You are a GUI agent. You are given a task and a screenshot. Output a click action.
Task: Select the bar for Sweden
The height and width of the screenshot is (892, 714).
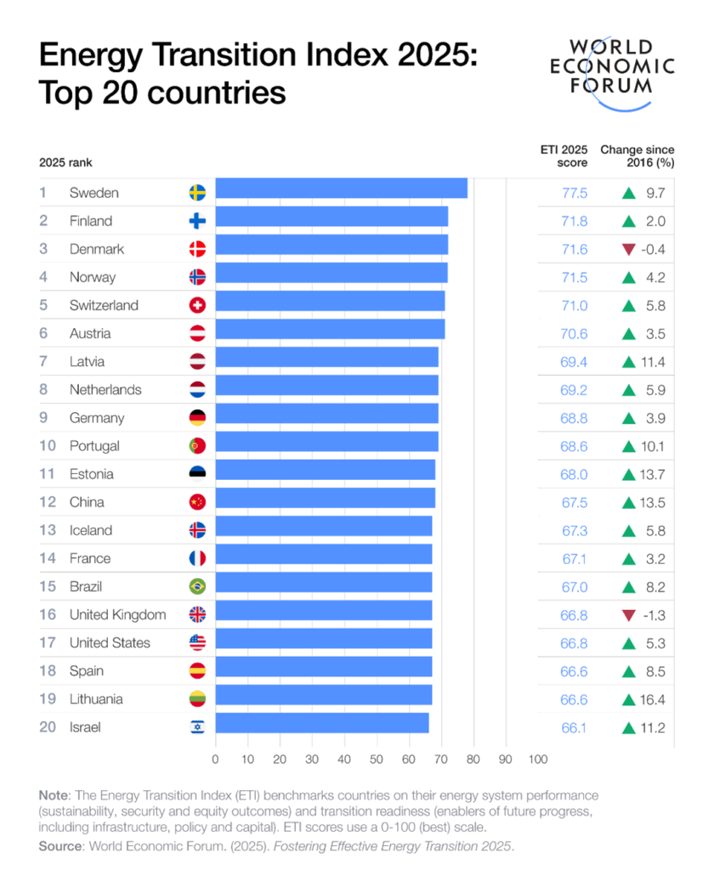(341, 189)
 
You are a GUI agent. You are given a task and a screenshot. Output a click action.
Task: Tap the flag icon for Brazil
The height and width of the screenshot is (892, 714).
(197, 587)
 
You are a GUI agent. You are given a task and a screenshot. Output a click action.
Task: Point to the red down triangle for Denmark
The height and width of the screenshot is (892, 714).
(629, 249)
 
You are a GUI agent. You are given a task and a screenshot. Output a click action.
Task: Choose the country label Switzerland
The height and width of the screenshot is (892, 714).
(104, 305)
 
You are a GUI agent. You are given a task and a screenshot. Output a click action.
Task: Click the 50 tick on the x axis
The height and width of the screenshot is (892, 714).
(377, 759)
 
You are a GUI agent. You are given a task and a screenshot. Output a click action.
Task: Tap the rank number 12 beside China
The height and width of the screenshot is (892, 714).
(48, 502)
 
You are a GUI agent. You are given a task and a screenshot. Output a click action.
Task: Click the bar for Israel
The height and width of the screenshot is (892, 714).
(322, 724)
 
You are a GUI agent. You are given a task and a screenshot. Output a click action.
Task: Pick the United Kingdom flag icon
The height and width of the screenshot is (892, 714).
(197, 615)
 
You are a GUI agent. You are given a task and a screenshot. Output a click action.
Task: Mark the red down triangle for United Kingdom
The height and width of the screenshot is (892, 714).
(629, 615)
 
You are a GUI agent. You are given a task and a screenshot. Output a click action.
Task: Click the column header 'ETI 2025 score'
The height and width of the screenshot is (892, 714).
(564, 155)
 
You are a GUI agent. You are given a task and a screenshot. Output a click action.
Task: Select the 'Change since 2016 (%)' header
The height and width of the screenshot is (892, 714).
(637, 155)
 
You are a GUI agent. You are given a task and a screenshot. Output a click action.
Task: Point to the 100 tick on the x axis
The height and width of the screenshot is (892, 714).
(537, 759)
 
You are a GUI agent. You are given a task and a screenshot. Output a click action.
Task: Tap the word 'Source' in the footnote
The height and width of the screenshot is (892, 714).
(59, 847)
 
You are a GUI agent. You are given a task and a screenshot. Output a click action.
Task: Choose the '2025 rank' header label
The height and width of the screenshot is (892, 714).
(65, 162)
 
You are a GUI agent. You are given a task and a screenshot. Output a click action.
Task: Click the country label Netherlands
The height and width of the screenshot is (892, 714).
(105, 390)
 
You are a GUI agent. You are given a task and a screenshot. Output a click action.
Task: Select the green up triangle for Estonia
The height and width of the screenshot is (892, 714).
(629, 474)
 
